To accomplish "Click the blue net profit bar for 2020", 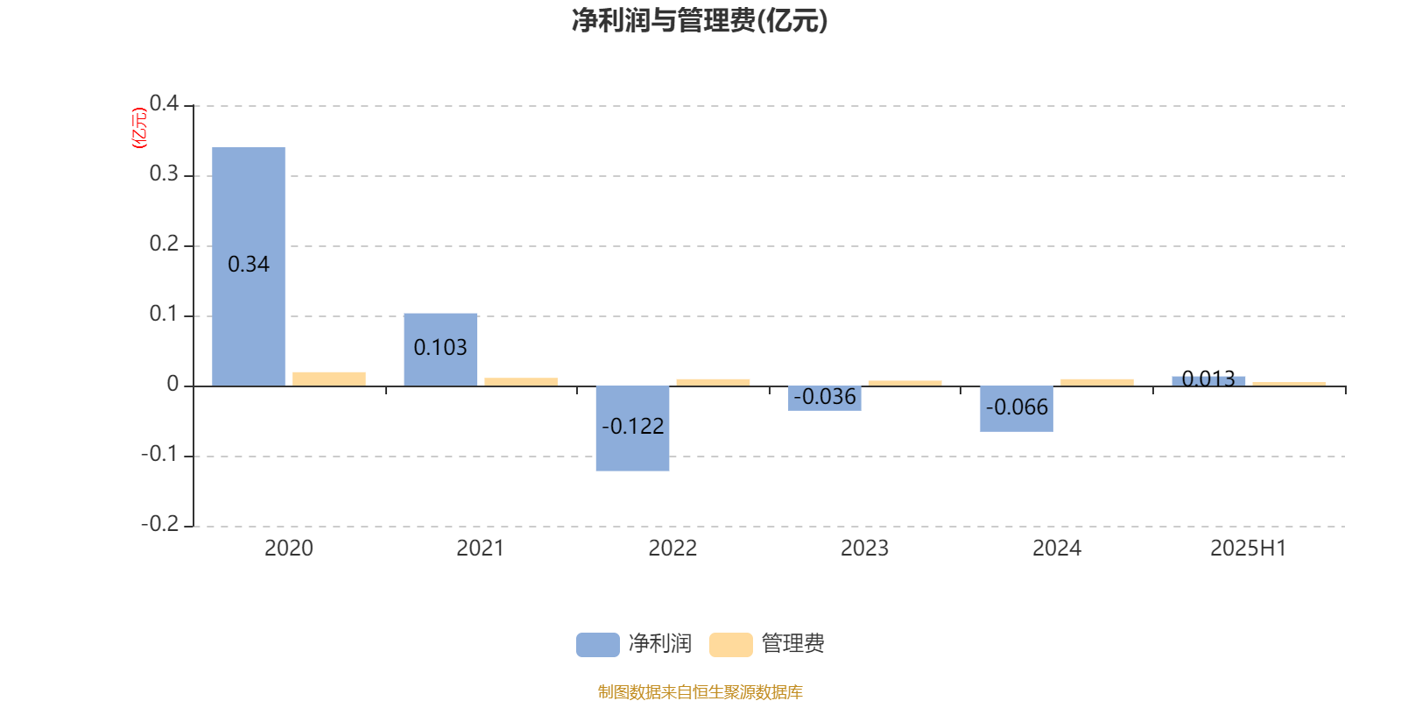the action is tap(249, 266).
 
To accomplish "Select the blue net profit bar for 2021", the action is tap(440, 350).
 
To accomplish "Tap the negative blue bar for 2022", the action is tap(632, 428).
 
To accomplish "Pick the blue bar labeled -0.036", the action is tap(824, 399).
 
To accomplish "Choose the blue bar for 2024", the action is tap(1017, 409).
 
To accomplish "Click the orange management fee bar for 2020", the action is tap(329, 379).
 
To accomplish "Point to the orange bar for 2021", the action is tap(521, 382).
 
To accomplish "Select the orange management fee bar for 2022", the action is tap(713, 382).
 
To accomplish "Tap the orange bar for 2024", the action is tap(1097, 382).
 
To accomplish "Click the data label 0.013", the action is tap(1208, 379).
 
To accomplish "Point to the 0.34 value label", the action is tap(249, 264).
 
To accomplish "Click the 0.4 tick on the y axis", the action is tap(164, 103).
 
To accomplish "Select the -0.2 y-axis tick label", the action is tap(159, 524).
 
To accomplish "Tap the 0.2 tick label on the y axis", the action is tap(164, 244).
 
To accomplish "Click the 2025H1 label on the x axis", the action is tap(1249, 549).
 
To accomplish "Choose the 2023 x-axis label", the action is tap(864, 549).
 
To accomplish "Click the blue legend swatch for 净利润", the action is tap(598, 645).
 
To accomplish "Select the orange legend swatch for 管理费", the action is tap(730, 645).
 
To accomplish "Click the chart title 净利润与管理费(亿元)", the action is tap(700, 21).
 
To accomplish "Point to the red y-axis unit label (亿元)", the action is tap(139, 128).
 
